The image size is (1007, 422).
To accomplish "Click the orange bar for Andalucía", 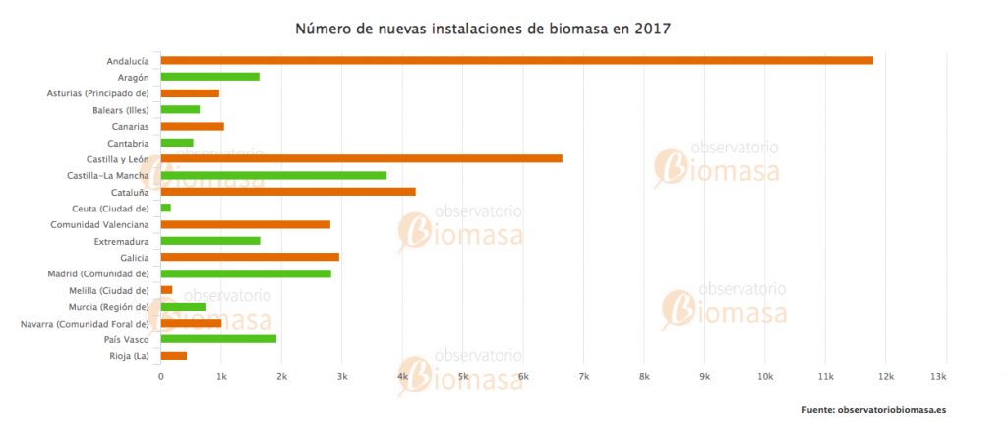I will click(516, 60).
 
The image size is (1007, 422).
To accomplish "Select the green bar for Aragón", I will click(209, 77).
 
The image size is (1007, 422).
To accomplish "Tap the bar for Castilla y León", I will click(361, 158).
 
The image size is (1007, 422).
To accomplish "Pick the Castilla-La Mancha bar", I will click(273, 175).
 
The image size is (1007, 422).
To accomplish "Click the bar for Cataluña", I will click(288, 192).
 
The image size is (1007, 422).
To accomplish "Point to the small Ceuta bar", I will click(165, 208).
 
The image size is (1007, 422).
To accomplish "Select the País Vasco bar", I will click(218, 339).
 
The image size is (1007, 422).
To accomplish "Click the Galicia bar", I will click(250, 257).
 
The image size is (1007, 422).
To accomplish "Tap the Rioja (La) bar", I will click(173, 356).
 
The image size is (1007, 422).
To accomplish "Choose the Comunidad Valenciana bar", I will click(245, 224).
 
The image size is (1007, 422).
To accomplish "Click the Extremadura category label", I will click(121, 241).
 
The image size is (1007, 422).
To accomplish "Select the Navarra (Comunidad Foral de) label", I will click(85, 323).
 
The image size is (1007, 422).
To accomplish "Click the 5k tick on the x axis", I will click(462, 378).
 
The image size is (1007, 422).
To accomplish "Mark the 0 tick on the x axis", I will click(160, 378).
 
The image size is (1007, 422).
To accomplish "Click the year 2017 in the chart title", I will click(651, 29).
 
